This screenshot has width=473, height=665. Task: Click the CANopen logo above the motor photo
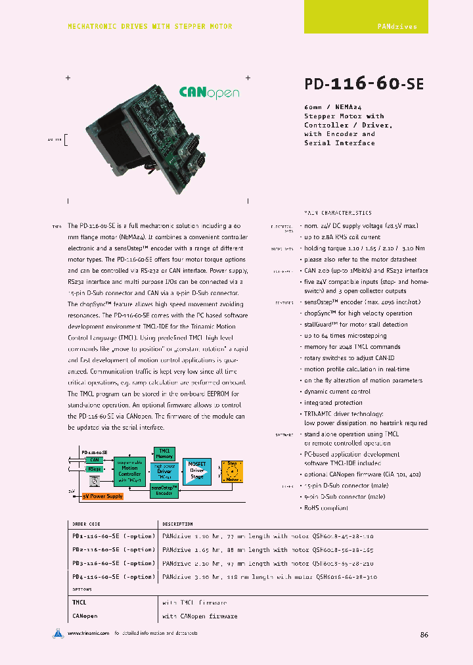click(210, 93)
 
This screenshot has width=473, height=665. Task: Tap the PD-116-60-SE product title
click(364, 84)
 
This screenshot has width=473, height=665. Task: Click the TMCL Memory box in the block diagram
click(164, 453)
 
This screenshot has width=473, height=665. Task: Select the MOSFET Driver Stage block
click(196, 470)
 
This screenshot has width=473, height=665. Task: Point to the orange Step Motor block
click(231, 470)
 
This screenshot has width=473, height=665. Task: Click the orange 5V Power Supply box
click(102, 496)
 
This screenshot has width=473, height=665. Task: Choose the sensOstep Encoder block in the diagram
click(164, 490)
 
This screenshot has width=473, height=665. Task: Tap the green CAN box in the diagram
click(94, 460)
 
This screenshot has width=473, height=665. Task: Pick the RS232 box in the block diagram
click(94, 469)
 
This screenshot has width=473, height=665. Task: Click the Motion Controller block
click(129, 470)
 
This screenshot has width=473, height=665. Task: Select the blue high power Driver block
click(164, 470)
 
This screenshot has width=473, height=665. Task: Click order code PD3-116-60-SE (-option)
click(113, 563)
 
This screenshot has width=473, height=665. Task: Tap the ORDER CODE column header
click(86, 524)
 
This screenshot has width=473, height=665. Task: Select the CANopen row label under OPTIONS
click(85, 616)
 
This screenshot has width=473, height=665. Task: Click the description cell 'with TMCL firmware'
click(194, 602)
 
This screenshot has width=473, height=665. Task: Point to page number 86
click(424, 635)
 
